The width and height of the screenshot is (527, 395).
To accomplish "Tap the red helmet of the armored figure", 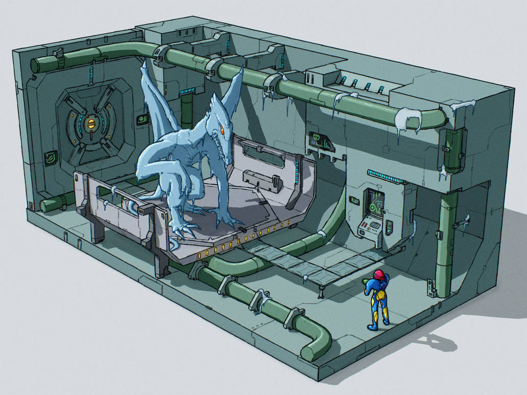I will pos(378,275).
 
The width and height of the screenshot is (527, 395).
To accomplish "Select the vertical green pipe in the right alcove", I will pos(445,240).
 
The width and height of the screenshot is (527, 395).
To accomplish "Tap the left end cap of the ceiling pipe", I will pos(36,65).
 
